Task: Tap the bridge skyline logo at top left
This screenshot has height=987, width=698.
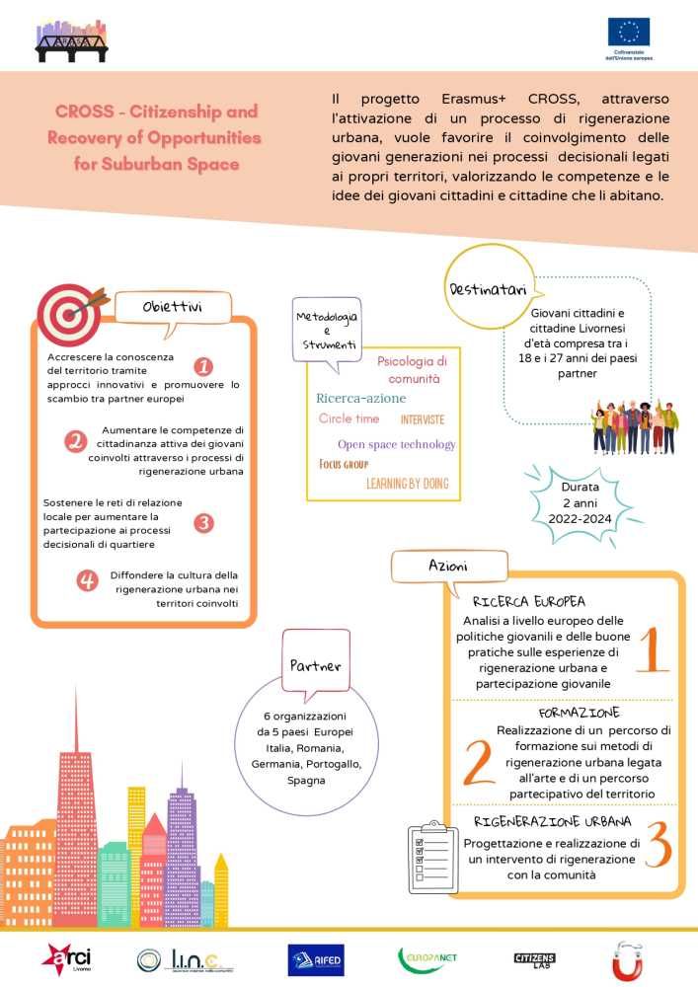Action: point(71,40)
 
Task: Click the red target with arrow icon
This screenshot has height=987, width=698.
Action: point(69,312)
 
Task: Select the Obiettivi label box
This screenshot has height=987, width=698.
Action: point(173,308)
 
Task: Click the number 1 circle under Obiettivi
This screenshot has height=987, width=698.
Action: point(204,367)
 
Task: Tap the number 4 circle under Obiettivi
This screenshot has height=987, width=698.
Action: point(88,580)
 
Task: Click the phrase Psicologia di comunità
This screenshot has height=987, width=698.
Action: point(414,369)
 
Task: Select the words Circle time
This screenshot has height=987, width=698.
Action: point(349,418)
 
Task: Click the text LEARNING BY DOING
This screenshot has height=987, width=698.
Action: point(407,484)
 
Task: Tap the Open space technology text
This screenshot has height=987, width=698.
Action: point(396,444)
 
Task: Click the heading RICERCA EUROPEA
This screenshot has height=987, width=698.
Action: point(529,601)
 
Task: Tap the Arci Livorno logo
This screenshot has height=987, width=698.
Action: point(64,956)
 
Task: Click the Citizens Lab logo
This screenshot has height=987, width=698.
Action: point(535,958)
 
